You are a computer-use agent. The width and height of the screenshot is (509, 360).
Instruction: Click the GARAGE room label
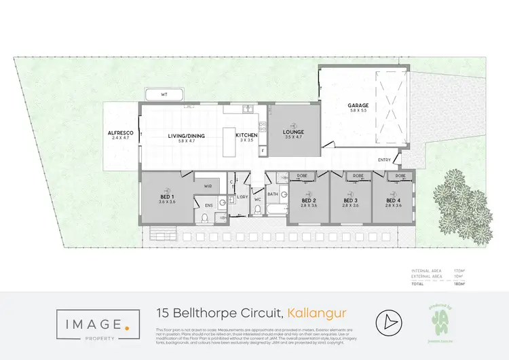[x=358, y=105]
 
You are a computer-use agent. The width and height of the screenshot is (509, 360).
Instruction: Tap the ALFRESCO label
[x=119, y=133]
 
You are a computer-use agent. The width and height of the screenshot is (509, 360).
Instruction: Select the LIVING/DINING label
[x=186, y=136]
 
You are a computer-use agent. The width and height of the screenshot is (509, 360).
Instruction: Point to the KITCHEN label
[x=246, y=136]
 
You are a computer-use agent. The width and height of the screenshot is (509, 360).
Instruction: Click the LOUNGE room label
[x=294, y=132]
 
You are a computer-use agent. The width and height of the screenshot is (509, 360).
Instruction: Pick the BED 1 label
[x=167, y=198]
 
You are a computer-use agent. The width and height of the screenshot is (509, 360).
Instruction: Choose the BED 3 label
[x=350, y=200]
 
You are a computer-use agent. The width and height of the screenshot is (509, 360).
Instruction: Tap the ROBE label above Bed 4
[x=400, y=176]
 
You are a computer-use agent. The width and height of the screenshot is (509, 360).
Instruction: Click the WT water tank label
[x=164, y=94]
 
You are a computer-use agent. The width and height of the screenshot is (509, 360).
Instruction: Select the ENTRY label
[x=385, y=160]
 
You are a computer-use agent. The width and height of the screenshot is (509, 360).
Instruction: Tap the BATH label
[x=273, y=194]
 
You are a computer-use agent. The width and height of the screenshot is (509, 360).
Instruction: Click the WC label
[x=257, y=200]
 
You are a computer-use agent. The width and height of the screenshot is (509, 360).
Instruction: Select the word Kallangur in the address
[x=317, y=313]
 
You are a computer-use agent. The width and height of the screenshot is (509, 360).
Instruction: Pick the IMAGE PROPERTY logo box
[x=94, y=323]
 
